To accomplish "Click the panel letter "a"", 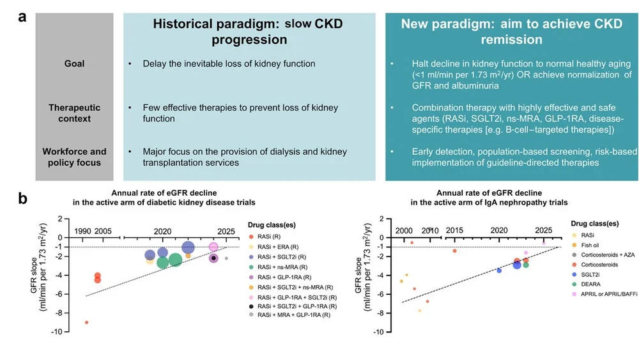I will (22, 17).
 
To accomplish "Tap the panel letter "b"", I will (23, 199).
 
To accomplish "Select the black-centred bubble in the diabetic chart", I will (214, 258).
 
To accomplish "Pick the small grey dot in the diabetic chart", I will (226, 259).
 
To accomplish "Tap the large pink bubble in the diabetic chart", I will (214, 247).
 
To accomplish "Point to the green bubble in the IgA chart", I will (526, 264).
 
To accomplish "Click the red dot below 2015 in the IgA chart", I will (454, 251).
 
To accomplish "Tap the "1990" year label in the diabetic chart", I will (82, 230).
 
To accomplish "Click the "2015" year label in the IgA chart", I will (455, 230).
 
